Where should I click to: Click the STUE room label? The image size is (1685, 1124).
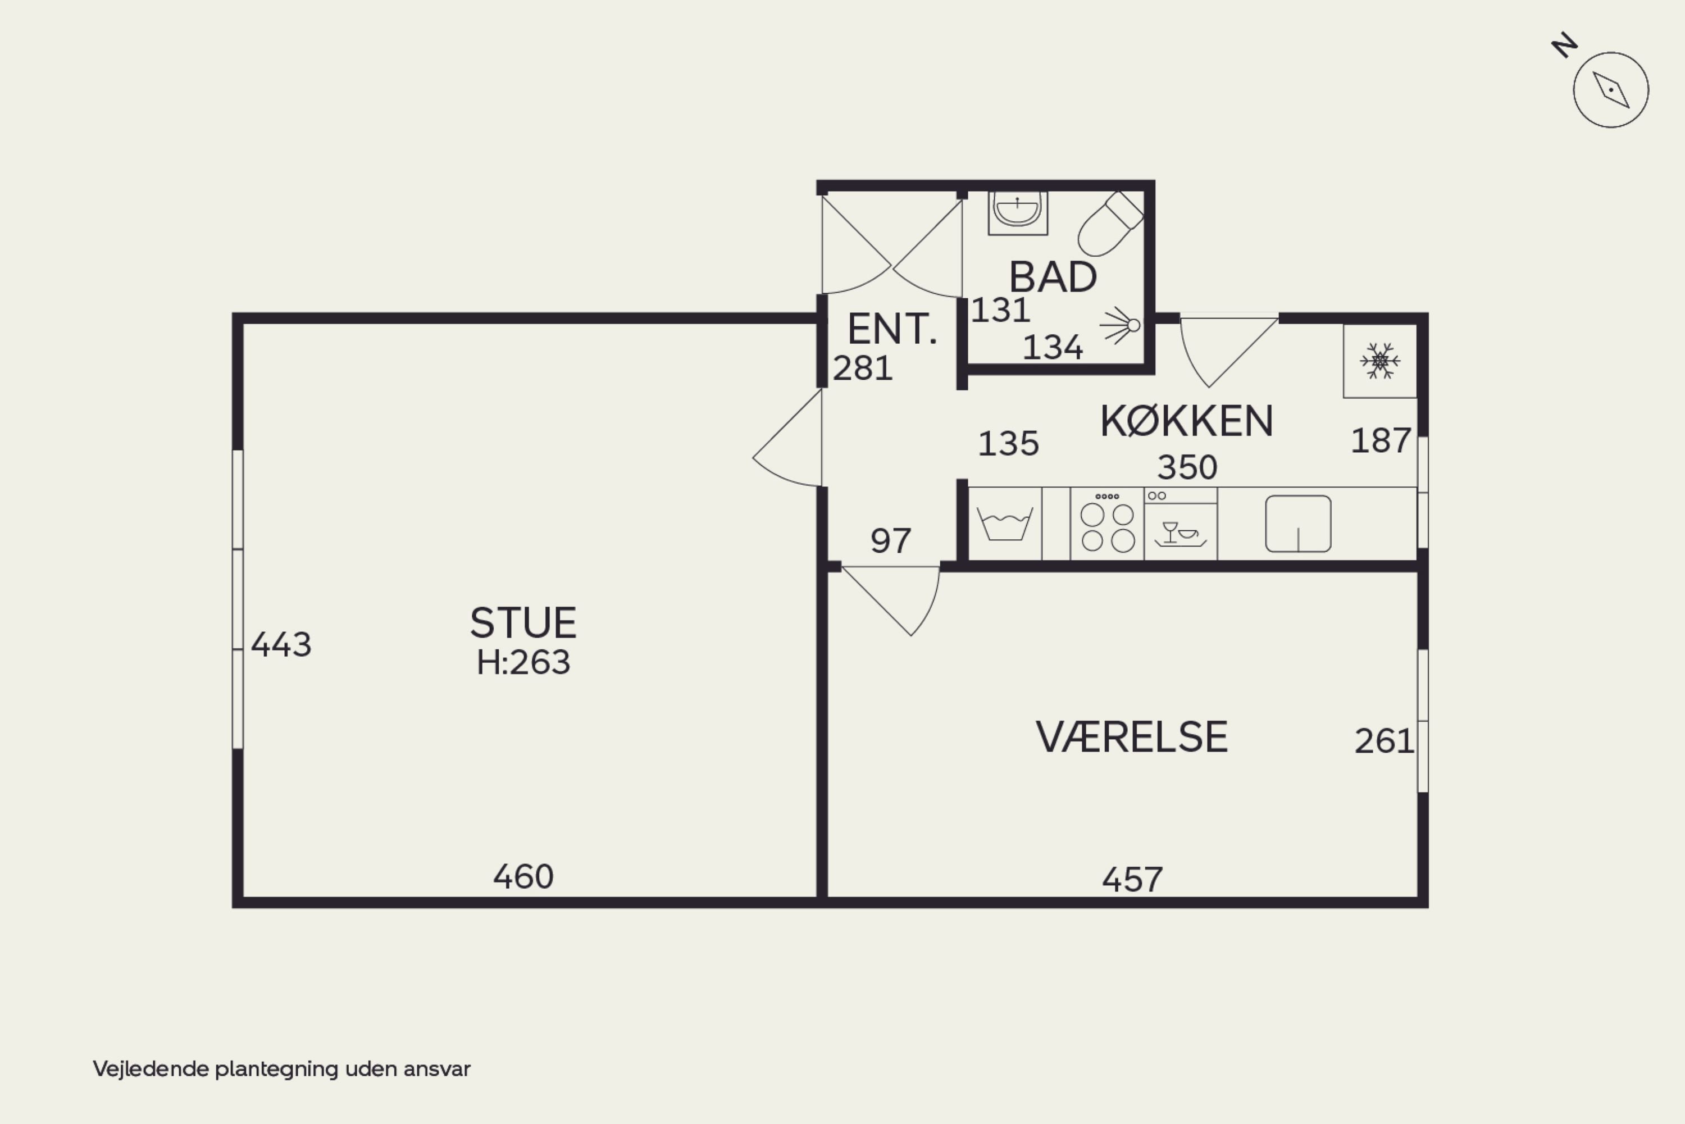click(523, 623)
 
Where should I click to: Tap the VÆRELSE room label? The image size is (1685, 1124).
click(1132, 737)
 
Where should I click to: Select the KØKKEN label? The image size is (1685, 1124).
click(1187, 421)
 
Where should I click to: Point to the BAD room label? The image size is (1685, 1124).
click(1053, 277)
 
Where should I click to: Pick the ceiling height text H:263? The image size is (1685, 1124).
click(523, 662)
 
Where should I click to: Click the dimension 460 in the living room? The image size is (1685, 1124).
click(523, 877)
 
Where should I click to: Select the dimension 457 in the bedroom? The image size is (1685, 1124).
click(1132, 880)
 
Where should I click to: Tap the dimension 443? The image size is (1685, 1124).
click(281, 644)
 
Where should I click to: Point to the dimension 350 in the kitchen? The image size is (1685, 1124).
click(1187, 467)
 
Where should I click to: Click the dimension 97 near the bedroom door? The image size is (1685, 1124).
click(891, 540)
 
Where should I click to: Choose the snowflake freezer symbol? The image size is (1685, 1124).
click(1379, 361)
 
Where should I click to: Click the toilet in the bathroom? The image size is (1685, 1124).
click(1110, 223)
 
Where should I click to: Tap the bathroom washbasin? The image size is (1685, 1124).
click(1018, 212)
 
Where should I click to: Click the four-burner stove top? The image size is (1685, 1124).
click(1108, 524)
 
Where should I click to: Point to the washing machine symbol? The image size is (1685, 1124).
click(1005, 524)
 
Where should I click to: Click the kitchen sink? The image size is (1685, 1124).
click(1298, 524)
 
